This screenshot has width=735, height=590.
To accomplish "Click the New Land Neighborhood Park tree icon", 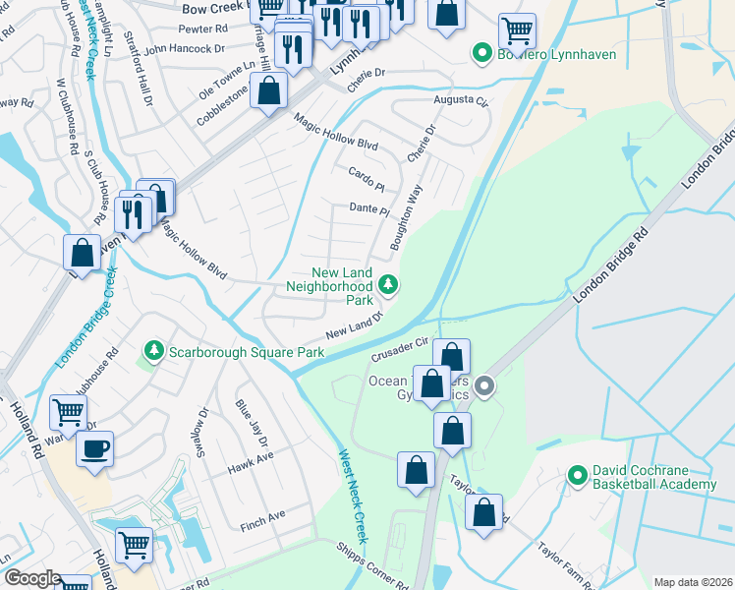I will coord(389,285).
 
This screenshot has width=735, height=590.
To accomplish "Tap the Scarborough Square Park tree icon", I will coord(153,350).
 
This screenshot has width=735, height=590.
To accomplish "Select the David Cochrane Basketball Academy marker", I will coord(578,477).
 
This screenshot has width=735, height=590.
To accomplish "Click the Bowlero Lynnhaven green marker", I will coord(481,53).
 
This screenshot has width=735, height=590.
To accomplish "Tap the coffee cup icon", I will coord(94,450).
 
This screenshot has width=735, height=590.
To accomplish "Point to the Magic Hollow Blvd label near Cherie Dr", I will coord(337,131).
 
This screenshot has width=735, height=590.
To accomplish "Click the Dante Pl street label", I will coord(369,209).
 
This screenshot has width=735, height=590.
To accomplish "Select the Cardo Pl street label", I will coord(366,173).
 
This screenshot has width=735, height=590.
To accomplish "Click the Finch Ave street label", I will coord(261,514).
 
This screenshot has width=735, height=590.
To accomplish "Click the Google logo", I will coord(32,578).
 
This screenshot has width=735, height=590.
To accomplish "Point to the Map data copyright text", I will coord(693,582).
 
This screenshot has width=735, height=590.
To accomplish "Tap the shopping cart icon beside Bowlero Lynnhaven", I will coord(517,30).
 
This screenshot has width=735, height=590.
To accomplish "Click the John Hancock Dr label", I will coord(184,48).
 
